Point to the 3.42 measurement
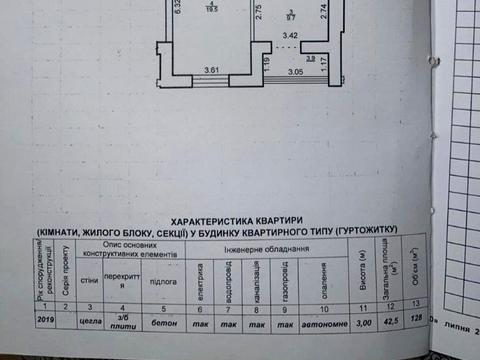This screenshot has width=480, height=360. click(x=290, y=35)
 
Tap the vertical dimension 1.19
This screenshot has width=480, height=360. click(x=267, y=67)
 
